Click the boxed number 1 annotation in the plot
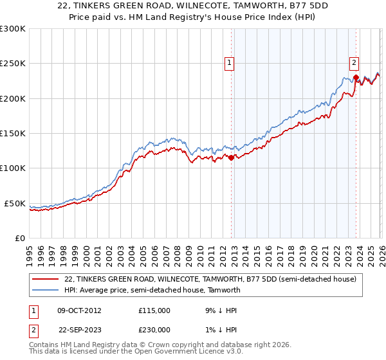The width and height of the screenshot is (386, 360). (230, 62)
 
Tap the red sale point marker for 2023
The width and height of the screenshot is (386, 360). (356, 78)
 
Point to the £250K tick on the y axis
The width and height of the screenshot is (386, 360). (12, 64)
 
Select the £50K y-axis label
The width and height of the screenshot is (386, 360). (14, 203)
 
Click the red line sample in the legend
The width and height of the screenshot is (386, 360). (46, 278)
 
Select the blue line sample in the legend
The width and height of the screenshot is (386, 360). (46, 290)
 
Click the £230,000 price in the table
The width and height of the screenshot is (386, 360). (154, 329)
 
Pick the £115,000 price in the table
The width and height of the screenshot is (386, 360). (154, 310)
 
